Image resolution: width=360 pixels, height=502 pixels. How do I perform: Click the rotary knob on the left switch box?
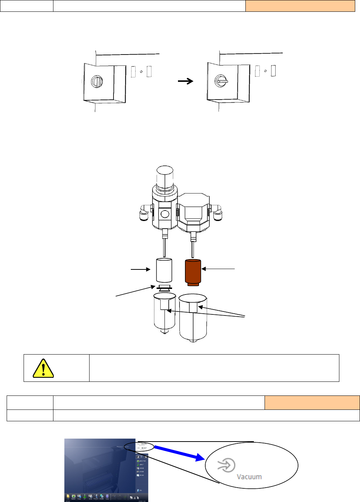(x=97, y=81)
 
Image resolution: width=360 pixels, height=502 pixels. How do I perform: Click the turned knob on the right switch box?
(x=221, y=81)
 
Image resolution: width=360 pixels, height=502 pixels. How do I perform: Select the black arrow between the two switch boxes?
(x=186, y=81)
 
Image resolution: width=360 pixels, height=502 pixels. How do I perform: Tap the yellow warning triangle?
(x=43, y=368)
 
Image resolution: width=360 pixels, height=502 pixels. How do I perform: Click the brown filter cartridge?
(x=193, y=272)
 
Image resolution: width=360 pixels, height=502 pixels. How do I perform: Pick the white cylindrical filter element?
(x=164, y=270)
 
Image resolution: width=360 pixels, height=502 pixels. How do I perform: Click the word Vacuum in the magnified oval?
(x=249, y=477)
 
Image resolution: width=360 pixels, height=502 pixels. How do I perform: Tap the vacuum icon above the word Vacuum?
(x=226, y=465)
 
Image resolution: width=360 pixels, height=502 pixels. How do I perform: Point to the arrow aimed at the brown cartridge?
(x=218, y=269)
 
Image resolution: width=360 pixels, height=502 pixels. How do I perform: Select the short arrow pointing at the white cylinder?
(x=140, y=269)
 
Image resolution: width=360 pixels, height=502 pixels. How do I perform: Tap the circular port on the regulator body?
(x=165, y=213)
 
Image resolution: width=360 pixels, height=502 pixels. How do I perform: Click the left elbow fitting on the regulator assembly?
(x=144, y=214)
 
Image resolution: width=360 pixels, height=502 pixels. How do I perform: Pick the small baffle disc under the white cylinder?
(x=164, y=287)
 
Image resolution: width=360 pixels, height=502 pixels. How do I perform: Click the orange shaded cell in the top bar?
(x=300, y=6)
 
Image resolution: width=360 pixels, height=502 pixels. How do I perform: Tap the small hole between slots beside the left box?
(x=141, y=72)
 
